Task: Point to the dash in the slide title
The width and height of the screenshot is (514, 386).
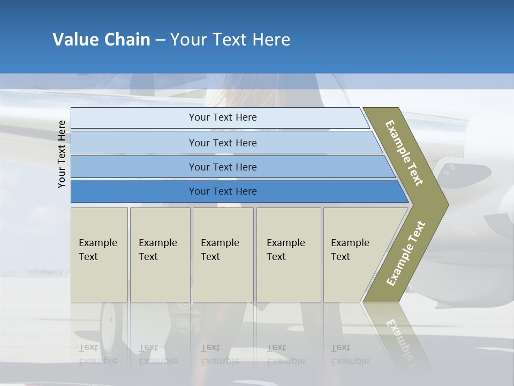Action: point(160,40)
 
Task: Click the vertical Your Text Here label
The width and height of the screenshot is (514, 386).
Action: point(62,154)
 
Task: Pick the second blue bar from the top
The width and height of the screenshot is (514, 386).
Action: point(222,143)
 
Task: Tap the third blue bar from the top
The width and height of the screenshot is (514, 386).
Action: point(222,167)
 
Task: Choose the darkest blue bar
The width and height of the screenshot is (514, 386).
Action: point(222,191)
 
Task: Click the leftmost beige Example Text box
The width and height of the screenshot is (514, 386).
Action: point(99,254)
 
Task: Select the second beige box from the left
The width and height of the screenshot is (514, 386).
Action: point(160,254)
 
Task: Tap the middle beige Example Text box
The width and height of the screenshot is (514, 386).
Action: point(223,254)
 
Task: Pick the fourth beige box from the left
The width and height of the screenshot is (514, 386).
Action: point(289,254)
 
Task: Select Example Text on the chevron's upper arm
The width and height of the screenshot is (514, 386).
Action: point(404,153)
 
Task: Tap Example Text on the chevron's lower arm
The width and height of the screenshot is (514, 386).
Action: point(405,253)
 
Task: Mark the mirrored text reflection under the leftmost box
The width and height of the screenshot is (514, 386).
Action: point(97,354)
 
